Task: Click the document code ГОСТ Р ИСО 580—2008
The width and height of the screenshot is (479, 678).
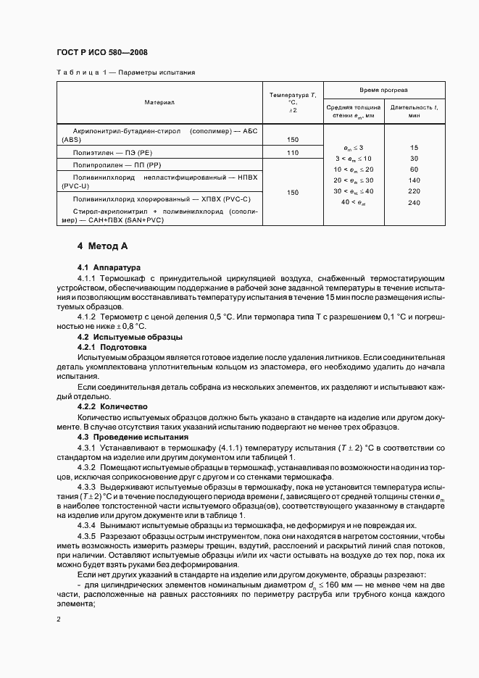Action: click(101, 51)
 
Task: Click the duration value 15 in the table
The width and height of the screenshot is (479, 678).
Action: click(414, 147)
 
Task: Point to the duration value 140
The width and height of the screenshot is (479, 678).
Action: click(414, 180)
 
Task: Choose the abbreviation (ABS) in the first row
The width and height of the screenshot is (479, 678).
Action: click(72, 139)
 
